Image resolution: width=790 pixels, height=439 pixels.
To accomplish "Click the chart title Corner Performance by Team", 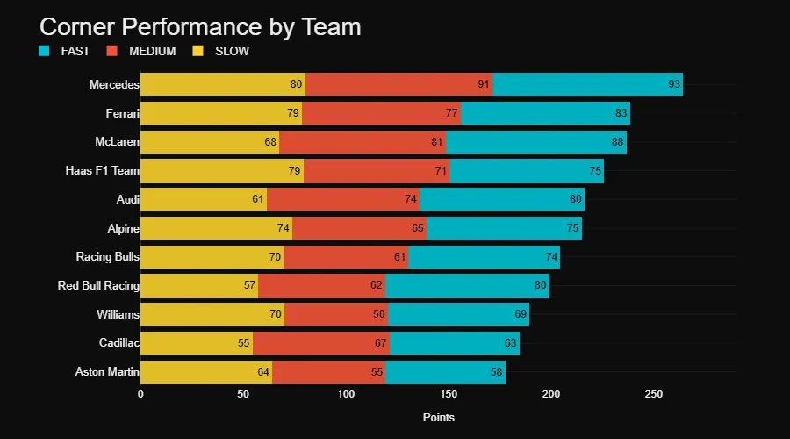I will (200, 26).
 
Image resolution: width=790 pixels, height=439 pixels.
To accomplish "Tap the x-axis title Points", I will (439, 417).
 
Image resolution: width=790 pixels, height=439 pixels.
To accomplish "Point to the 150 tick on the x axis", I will (449, 394).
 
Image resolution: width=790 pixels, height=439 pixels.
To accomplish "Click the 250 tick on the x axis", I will (654, 394).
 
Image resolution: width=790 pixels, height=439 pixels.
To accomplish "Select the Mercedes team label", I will (114, 84).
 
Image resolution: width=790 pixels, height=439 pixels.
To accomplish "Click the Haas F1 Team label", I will (103, 170).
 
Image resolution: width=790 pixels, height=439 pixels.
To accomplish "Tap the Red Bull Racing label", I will (98, 285).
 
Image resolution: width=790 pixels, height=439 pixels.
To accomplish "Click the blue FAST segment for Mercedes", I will (586, 84).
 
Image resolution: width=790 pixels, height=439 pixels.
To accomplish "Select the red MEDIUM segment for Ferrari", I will (381, 113).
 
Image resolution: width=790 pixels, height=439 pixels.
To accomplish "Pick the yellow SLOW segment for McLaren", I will (209, 141).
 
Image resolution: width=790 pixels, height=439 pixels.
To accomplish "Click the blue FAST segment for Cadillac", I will (454, 342).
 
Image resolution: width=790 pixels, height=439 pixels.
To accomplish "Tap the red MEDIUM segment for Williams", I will (335, 314).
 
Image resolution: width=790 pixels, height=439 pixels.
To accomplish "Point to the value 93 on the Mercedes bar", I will (674, 84).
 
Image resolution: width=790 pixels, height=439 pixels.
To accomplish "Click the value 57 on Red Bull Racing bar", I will (249, 285).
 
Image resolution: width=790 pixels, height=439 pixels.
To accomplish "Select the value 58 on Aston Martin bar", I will (497, 371).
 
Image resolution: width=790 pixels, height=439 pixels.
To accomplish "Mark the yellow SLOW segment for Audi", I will (202, 199).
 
